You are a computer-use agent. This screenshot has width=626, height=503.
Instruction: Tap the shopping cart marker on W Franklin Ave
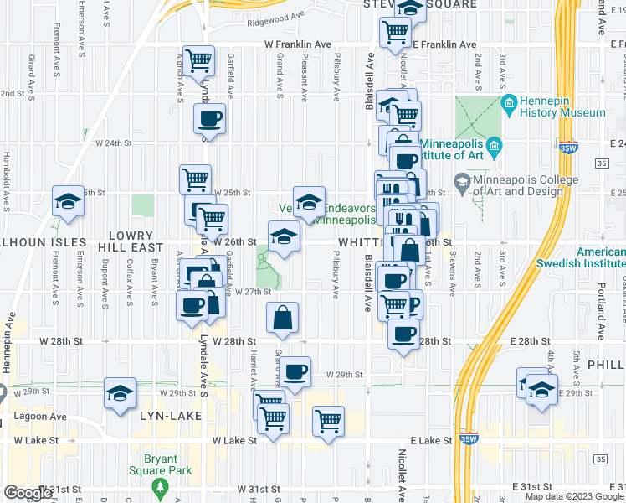pyautogui.click(x=199, y=60)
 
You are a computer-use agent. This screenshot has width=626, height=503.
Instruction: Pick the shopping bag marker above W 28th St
pyautogui.click(x=283, y=318)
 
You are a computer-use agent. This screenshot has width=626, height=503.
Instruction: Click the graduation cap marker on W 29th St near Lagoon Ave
pyautogui.click(x=120, y=392)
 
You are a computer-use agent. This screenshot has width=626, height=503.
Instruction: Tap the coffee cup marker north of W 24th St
pyautogui.click(x=208, y=117)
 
